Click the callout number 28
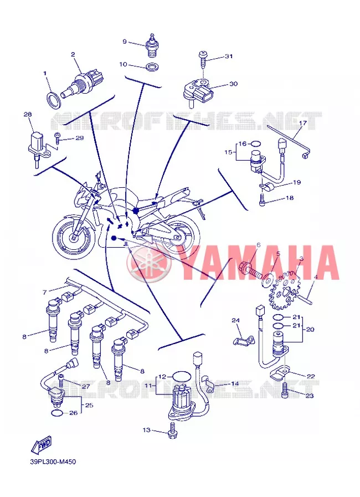coord(28,114)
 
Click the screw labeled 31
coord(203,59)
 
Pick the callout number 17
coord(302,123)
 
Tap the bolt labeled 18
coord(263,199)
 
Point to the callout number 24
coord(236,320)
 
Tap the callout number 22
coord(311,376)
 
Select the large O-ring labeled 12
coord(182,377)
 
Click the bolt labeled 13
coord(173,431)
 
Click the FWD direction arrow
coord(41,444)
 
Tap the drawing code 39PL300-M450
coord(53,462)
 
